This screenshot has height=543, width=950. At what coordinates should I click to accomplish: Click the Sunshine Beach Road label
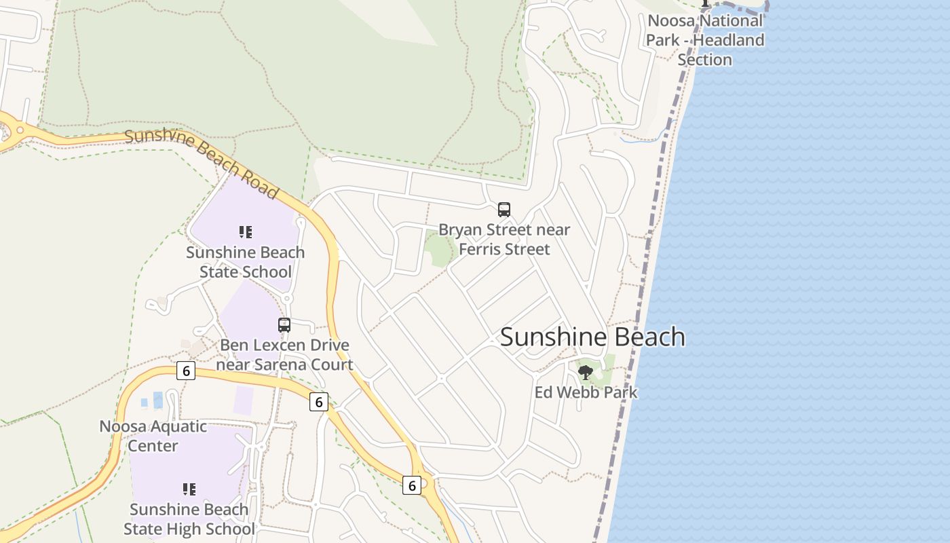pos(202,164)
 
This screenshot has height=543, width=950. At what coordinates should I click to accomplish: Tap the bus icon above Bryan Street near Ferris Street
pos(503,210)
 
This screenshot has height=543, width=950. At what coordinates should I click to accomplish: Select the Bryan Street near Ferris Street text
pos(504,240)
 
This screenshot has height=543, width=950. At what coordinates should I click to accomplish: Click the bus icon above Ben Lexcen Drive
pos(284,325)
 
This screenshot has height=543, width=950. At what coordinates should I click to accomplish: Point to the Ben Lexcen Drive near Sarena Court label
pos(284,355)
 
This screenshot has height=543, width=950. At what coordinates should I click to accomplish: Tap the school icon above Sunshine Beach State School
pos(246,232)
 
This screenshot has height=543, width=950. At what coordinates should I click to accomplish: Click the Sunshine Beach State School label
pos(246,262)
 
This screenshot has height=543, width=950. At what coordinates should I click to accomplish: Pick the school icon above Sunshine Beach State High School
pos(189,489)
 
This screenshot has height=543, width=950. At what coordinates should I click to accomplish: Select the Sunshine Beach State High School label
pos(189,519)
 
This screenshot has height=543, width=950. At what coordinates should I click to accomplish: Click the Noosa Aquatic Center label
pos(153,436)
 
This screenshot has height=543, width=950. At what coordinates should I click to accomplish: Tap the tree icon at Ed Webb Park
pos(585,372)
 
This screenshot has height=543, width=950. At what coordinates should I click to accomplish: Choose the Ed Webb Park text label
pos(586,392)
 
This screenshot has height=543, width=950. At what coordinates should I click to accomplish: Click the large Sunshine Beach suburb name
pos(592,337)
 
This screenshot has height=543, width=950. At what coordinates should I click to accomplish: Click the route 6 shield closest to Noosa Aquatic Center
pos(186,371)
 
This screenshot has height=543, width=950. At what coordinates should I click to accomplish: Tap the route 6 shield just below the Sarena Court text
pos(319,401)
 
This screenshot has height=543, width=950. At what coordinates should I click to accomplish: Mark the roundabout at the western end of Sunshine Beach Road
pos(20,130)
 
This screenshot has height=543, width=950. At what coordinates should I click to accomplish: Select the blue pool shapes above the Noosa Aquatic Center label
pos(153,400)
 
